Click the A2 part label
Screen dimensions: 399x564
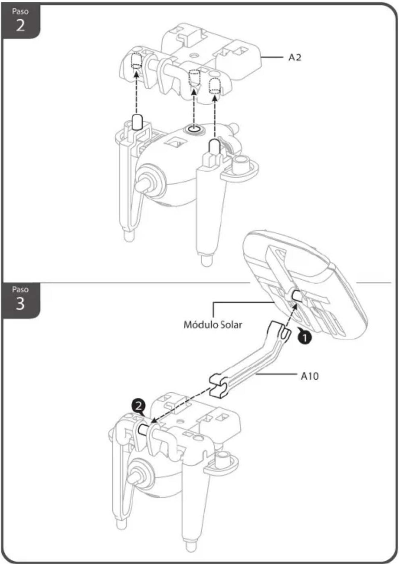295,57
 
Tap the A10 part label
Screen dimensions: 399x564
310,376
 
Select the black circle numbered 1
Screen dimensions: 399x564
305,337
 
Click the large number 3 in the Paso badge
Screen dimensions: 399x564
20,304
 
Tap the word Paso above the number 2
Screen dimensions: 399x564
20,11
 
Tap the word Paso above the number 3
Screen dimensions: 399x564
20,289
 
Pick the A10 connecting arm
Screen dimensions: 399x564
250,359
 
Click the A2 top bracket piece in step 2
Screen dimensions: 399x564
193,60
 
